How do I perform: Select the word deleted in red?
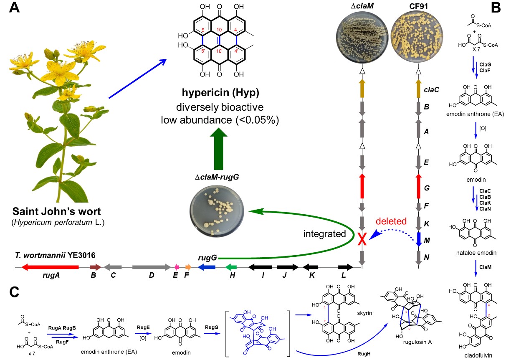(x=391, y=221)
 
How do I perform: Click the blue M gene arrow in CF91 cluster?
(x=418, y=239)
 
